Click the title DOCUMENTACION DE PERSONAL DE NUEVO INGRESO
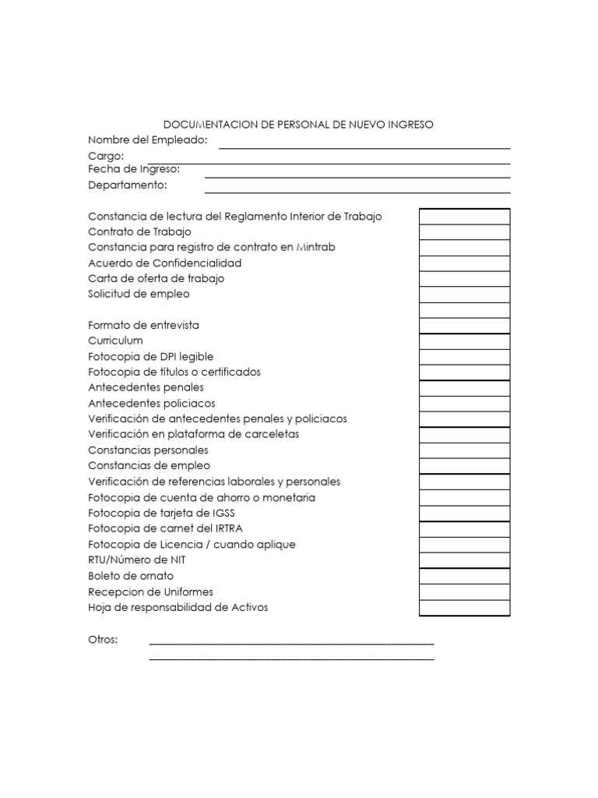click(298, 124)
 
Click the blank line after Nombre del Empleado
click(364, 142)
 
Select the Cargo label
click(106, 156)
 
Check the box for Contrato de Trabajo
click(465, 232)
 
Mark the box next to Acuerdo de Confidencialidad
click(465, 263)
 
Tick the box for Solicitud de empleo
click(465, 295)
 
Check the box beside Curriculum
click(465, 341)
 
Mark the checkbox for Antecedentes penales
click(465, 388)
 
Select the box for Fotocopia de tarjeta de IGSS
click(465, 514)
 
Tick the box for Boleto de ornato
click(465, 577)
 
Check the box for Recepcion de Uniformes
click(465, 592)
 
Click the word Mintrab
click(315, 247)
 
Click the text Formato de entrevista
click(144, 325)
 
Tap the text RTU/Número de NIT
click(137, 560)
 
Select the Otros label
click(103, 640)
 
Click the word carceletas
click(269, 434)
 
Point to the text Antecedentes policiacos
click(152, 404)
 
